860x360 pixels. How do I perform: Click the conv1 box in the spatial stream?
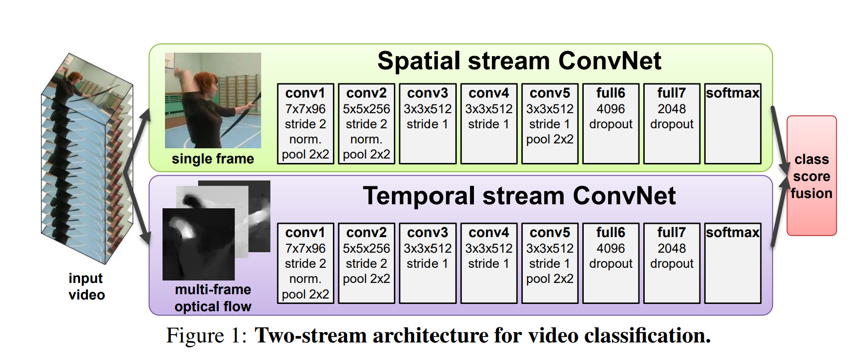tap(306, 123)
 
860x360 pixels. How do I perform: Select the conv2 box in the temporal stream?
tap(367, 263)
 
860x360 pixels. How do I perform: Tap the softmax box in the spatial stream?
tap(733, 123)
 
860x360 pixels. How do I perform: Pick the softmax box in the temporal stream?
tap(733, 263)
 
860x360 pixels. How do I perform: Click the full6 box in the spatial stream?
tap(611, 123)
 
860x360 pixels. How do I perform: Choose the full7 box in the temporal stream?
tap(672, 263)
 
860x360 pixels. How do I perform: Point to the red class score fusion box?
tap(811, 176)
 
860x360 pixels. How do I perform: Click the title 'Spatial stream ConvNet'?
tap(519, 61)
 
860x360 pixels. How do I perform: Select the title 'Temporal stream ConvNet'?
tap(519, 196)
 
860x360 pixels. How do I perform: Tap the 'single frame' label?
tap(213, 159)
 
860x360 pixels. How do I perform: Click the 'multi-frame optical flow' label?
tap(213, 298)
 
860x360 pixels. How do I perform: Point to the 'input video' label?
tap(86, 286)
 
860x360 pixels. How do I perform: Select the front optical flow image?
tap(198, 244)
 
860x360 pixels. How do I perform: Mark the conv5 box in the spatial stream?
tap(550, 123)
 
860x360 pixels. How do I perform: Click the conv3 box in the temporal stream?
tap(428, 263)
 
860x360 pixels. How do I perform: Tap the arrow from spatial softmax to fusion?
tap(779, 141)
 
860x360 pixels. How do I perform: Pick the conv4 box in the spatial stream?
tap(489, 123)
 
